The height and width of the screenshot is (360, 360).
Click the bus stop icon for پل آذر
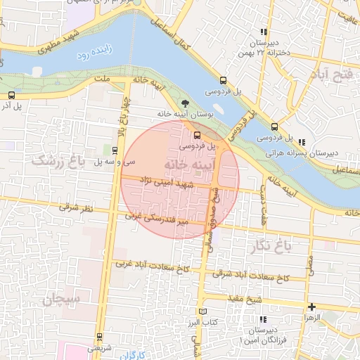pos(11,95)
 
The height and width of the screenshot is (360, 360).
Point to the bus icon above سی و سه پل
pos(114,150)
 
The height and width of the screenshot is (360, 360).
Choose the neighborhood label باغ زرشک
pos(57,161)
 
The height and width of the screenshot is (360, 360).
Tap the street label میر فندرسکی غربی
pos(157,218)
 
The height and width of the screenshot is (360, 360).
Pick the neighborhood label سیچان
pos(63,299)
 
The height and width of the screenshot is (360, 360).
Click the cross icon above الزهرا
pos(311,307)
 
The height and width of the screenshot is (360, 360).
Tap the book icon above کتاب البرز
pos(204,311)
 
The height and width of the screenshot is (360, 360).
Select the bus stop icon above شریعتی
pos(98,336)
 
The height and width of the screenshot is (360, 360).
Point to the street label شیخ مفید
pos(244,299)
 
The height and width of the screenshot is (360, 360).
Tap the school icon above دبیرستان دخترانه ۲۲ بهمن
pos(264,32)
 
